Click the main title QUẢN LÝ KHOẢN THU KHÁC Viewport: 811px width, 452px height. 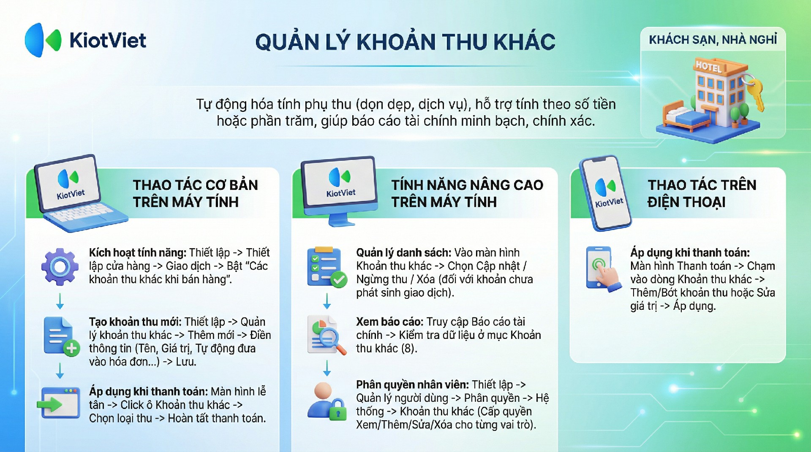[405, 42]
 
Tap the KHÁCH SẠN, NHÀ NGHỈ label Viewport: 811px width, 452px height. [713, 40]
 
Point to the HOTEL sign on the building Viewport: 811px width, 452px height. [709, 66]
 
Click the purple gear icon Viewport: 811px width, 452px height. [60, 267]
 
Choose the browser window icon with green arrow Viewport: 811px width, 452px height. [59, 403]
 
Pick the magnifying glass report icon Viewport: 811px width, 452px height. [327, 335]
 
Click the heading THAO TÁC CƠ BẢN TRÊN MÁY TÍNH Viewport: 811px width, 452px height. [195, 193]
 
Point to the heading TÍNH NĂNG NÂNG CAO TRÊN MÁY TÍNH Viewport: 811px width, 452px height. [467, 193]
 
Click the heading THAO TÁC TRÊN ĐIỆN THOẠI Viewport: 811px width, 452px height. [702, 193]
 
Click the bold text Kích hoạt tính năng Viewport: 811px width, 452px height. [138, 253]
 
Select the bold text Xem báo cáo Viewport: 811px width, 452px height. [389, 322]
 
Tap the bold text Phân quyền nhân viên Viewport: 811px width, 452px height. [412, 385]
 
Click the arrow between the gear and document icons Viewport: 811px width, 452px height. [60, 301]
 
